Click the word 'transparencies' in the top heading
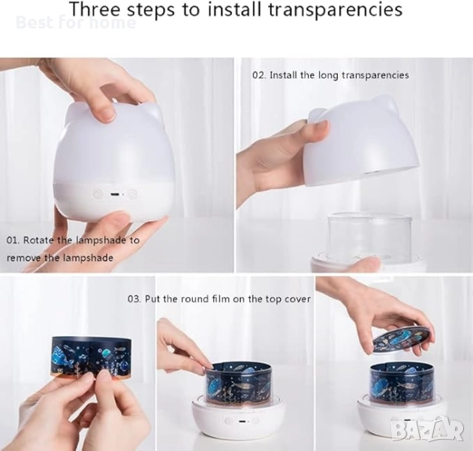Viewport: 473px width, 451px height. [335, 9]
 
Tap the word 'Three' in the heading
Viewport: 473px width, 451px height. [95, 9]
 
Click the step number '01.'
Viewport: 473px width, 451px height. [13, 241]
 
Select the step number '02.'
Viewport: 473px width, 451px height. [259, 75]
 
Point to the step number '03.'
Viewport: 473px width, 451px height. [134, 299]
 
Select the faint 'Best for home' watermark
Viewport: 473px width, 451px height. [76, 23]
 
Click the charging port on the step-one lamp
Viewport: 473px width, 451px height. [114, 194]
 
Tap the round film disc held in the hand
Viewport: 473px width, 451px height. [402, 340]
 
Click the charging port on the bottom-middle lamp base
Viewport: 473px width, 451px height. [241, 421]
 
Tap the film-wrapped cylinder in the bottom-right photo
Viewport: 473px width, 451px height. [402, 382]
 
